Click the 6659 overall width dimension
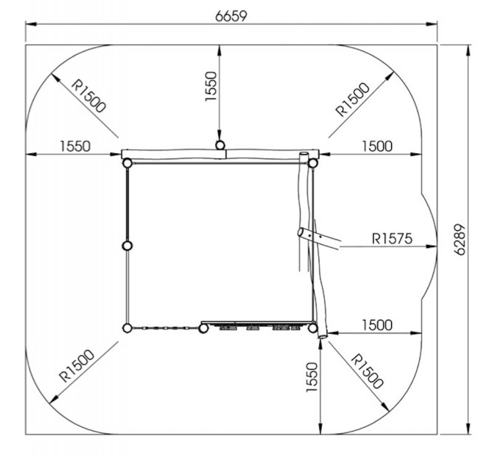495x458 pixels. pos(231,16)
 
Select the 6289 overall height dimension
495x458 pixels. pos(460,240)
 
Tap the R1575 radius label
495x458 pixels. pos(392,238)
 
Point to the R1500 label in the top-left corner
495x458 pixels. pos(88,96)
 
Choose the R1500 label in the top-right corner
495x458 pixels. pos(352,100)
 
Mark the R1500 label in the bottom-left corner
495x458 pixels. pos(77,366)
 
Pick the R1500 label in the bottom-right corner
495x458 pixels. pos(367,371)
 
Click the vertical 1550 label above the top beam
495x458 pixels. pos(211,86)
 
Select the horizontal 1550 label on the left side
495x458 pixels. pos(75,146)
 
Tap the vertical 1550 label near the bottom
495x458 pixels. pos(312,378)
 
